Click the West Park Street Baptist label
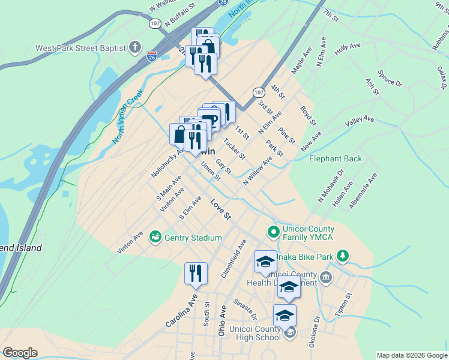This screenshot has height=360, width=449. click(x=80, y=48)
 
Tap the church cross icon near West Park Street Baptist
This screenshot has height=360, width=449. click(x=136, y=47)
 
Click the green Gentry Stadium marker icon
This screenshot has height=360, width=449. click(x=155, y=238)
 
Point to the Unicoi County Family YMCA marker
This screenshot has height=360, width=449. click(x=273, y=231)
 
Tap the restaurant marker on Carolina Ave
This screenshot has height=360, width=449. click(x=196, y=274)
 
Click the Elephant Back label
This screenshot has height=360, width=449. click(x=336, y=158)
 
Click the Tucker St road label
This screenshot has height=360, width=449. click(x=234, y=149)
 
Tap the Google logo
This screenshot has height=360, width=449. click(x=20, y=353)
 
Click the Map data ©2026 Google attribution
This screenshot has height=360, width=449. click(x=412, y=355)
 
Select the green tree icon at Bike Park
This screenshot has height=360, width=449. click(x=343, y=257)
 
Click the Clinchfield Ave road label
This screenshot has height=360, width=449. click(x=234, y=259)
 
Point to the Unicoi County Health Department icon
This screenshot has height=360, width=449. click(x=325, y=277)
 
